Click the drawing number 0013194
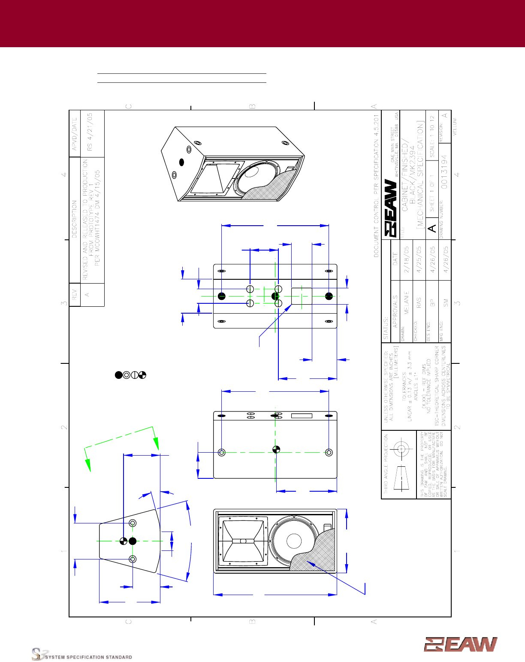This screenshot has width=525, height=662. click(x=445, y=172)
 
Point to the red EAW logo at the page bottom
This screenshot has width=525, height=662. click(x=461, y=644)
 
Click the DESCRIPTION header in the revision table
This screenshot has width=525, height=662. click(x=74, y=219)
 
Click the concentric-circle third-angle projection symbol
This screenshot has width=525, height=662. click(x=401, y=449)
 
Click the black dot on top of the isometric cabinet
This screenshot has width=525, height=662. click(x=181, y=162)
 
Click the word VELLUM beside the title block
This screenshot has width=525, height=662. click(x=454, y=127)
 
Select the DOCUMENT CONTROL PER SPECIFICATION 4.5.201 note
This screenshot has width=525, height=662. click(x=376, y=185)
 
